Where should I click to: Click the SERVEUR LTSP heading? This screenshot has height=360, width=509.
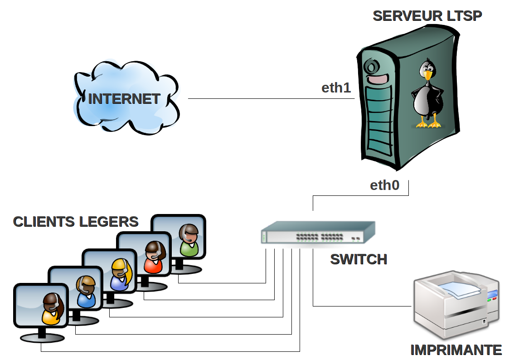pos(427,16)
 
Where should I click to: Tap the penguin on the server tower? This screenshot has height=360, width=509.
pos(428,93)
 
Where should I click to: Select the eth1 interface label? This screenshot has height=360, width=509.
pos(336,88)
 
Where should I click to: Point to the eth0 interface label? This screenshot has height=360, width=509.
pos(385,185)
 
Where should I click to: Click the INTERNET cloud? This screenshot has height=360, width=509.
pos(124,98)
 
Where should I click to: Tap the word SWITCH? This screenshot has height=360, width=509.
pos(359,259)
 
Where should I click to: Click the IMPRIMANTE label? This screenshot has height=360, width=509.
pos(456,350)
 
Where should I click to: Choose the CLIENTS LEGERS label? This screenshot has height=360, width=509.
pos(76,222)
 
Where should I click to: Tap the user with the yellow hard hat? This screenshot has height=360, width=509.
pos(120,274)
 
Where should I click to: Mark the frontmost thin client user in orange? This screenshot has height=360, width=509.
pos(51,309)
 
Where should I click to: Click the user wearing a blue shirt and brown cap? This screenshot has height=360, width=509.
pos(86,292)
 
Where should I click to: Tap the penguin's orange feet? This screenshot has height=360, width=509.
pos(429,124)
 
